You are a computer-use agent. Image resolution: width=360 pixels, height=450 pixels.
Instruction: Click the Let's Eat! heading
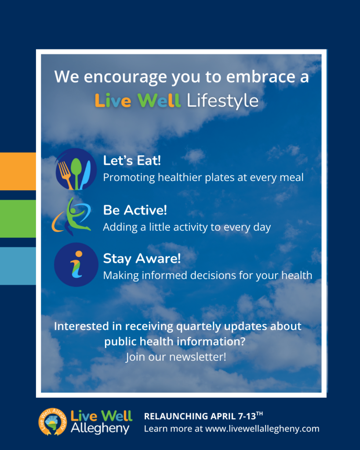click(132, 160)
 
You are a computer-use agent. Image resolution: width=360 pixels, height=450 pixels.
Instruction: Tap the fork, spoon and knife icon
click(76, 169)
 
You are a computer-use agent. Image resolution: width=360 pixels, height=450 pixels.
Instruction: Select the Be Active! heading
click(135, 210)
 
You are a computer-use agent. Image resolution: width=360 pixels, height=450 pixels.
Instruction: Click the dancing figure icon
click(72, 217)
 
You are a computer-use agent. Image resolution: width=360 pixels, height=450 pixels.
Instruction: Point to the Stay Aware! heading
click(142, 258)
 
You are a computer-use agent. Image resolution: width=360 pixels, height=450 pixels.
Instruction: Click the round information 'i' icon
click(76, 265)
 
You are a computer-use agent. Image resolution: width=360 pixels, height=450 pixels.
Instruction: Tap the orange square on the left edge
click(18, 171)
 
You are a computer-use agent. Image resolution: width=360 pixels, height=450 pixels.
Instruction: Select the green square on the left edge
click(18, 219)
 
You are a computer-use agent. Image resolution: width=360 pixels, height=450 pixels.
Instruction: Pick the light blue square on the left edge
click(18, 266)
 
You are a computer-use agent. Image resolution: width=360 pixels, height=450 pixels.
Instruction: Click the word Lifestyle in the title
click(222, 101)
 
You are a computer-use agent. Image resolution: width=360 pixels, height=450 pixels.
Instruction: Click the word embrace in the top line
click(261, 77)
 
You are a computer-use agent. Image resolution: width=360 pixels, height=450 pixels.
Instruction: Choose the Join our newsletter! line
click(176, 357)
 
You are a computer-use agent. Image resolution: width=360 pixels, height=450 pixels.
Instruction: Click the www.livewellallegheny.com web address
click(262, 428)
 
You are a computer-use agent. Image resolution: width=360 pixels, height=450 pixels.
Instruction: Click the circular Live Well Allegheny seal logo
click(53, 421)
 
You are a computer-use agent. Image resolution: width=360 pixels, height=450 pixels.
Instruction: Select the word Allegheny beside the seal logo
click(100, 428)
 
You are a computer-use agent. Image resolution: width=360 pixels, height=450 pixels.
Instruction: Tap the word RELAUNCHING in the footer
click(176, 416)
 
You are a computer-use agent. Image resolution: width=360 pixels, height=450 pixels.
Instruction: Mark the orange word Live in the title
click(113, 101)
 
